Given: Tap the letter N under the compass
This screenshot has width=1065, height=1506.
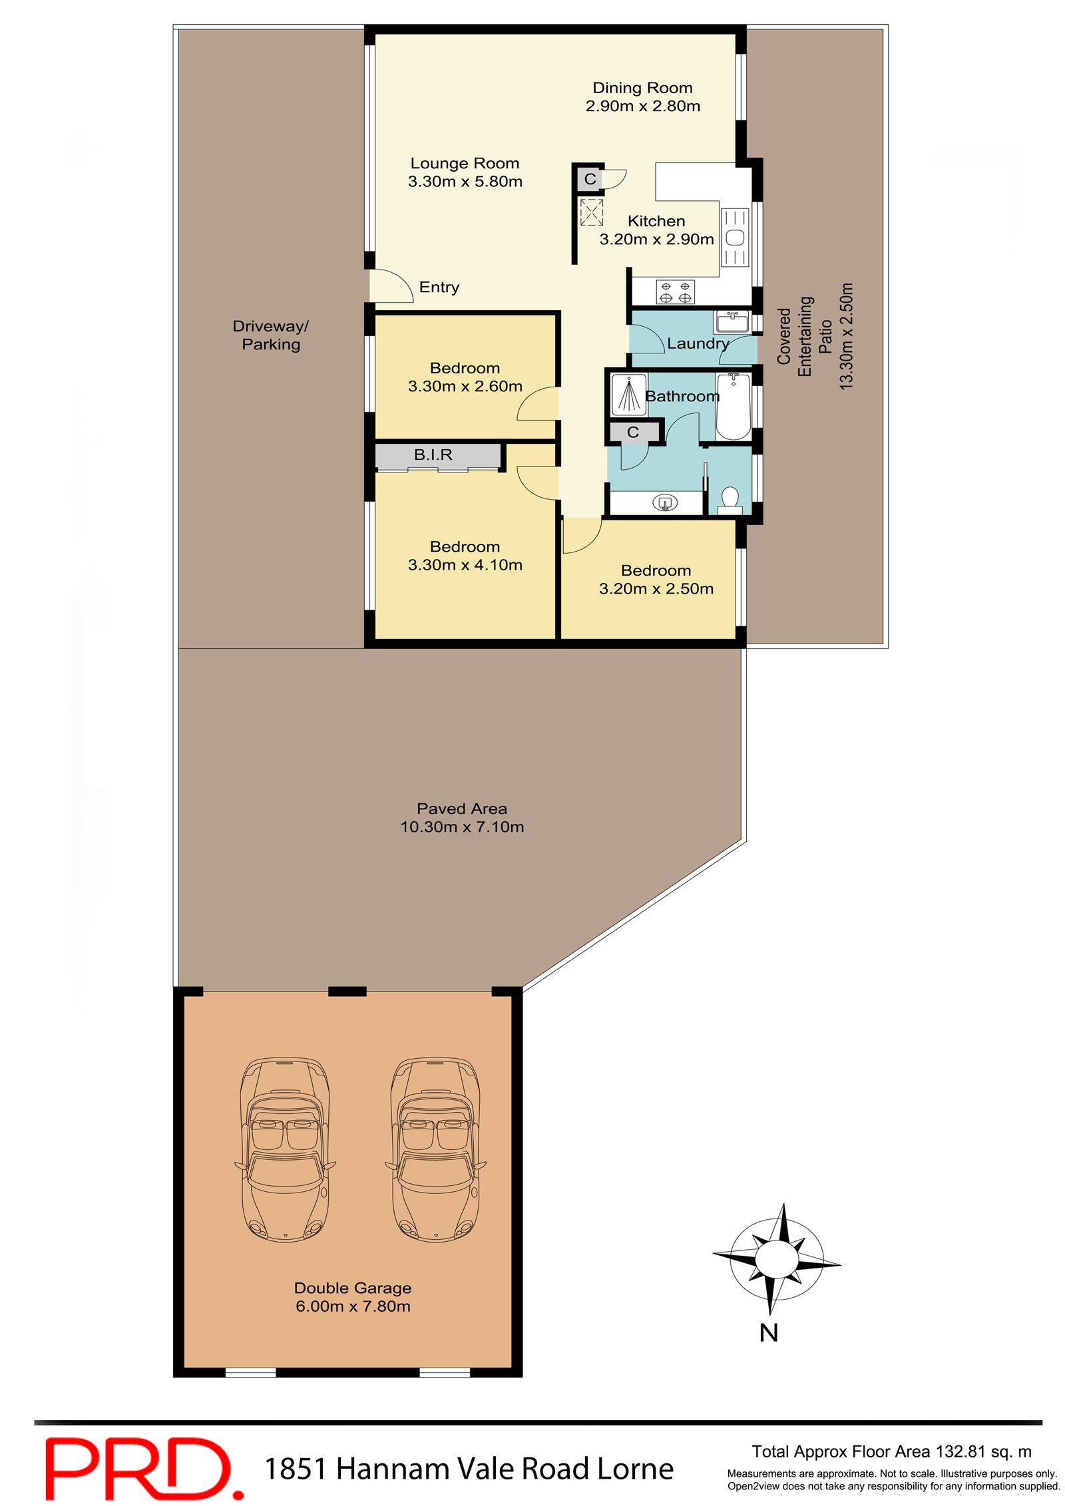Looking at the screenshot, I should pos(768,1332).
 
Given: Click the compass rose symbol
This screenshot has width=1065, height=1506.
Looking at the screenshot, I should pos(776,1258).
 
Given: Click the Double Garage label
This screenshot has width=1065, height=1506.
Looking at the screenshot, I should pos(352,1288).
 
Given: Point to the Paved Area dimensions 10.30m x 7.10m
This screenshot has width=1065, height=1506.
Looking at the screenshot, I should pos(461,827).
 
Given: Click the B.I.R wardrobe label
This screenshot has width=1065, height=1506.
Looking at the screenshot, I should pos(433,455).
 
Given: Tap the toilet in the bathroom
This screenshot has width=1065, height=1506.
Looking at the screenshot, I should pos(730,499).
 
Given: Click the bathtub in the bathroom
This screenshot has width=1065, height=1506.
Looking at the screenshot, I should pos(733,406).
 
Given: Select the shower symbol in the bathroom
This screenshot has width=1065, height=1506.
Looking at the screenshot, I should pos(628,395).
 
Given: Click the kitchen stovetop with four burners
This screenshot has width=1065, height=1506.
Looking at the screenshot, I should pos(675,291).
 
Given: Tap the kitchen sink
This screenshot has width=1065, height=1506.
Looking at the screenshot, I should pos(735,237).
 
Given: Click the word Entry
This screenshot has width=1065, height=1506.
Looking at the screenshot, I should pos(439,287).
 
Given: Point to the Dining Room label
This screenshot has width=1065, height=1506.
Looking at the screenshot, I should pos(642,88).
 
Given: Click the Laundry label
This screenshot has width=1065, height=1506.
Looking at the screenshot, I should pos(698,343).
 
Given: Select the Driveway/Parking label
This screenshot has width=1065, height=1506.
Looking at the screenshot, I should pos(270,335).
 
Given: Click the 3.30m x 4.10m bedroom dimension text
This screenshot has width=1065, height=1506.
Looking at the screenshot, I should pos(465,564).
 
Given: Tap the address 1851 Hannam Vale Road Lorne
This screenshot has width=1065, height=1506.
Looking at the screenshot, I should pos(469,1468).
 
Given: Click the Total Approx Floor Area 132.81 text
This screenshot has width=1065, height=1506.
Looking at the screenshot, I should pos(891,1451).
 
